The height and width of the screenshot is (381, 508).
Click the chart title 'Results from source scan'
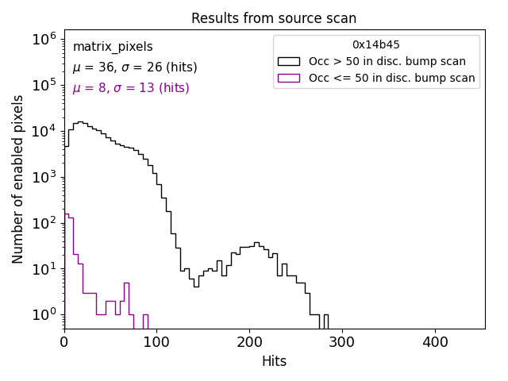pyautogui.click(x=274, y=18)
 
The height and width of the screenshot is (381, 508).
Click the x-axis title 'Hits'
pyautogui.click(x=274, y=361)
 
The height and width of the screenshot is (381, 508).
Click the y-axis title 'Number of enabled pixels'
pyautogui.click(x=18, y=179)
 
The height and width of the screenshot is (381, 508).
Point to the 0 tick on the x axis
pyautogui.click(x=64, y=343)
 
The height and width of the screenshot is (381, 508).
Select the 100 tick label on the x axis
pyautogui.click(x=156, y=343)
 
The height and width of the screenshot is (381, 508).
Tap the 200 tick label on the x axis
pyautogui.click(x=249, y=343)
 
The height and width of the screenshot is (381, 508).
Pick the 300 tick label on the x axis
pyautogui.click(x=342, y=343)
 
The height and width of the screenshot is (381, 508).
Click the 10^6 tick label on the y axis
pyautogui.click(x=43, y=39)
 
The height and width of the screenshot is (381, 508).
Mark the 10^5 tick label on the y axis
pyautogui.click(x=43, y=85)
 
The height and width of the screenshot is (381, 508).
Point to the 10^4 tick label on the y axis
pyautogui.click(x=43, y=131)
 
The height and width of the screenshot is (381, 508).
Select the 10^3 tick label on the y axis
pyautogui.click(x=43, y=177)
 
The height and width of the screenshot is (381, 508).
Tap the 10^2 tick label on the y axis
pyautogui.click(x=43, y=223)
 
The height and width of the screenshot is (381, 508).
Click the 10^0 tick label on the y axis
pyautogui.click(x=43, y=315)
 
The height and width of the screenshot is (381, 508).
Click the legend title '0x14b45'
pyautogui.click(x=376, y=45)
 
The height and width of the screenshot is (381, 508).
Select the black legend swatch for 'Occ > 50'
pyautogui.click(x=289, y=61)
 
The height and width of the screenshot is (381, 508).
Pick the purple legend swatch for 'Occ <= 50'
pyautogui.click(x=289, y=78)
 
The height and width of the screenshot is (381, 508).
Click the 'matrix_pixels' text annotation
pyautogui.click(x=113, y=47)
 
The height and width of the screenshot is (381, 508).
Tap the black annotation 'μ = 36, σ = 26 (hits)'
pyautogui.click(x=135, y=67)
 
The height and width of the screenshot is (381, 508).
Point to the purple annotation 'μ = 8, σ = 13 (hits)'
pyautogui.click(x=131, y=88)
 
